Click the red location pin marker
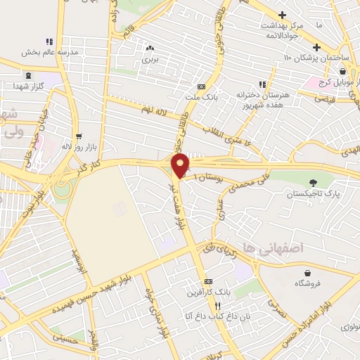[181, 165]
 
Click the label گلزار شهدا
[28, 85]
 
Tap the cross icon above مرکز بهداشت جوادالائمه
[282, 14]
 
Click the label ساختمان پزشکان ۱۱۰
[317, 57]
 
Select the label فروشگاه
[307, 283]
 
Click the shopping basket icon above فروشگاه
[307, 273]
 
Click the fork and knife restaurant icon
[217, 306]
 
